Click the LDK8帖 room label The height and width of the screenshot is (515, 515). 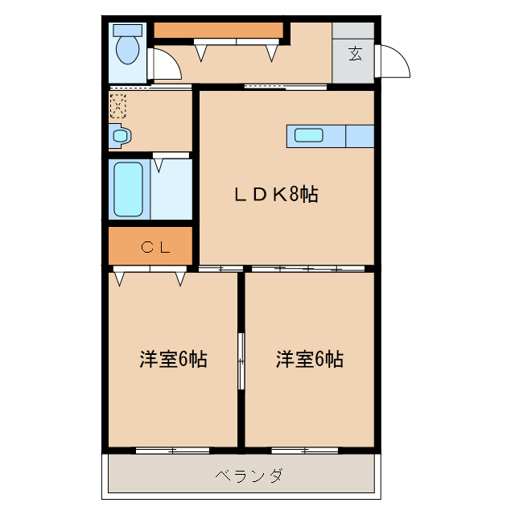pos(275,194)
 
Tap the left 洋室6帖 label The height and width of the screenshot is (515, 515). pos(173,360)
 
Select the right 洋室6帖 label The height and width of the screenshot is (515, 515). pos(310,360)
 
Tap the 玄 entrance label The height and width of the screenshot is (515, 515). pos(354,54)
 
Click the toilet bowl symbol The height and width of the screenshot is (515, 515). pos(127,48)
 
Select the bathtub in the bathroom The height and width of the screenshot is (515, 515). pos(128,189)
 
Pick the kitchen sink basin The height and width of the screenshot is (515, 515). pos(309,135)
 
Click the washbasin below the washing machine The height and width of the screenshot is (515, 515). pos(120,137)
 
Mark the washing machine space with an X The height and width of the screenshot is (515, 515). pos(118,105)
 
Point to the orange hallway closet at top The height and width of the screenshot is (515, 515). pos(220,31)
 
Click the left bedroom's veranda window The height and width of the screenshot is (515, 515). pos(172,450)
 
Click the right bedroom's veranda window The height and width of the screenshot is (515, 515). pos(310,450)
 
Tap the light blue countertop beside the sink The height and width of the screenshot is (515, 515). pos(360,136)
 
